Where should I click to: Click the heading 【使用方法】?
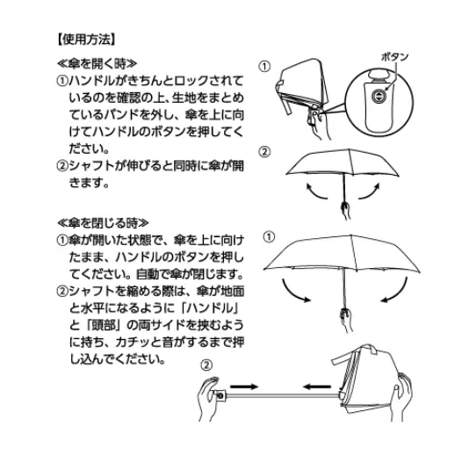86,40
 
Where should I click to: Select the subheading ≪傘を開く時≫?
97,63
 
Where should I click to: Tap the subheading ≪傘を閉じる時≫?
103,223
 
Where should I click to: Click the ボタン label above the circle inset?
395,57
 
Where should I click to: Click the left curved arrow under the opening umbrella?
316,192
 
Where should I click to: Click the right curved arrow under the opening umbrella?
369,191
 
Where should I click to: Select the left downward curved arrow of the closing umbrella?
295,291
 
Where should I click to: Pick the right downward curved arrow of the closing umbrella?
394,290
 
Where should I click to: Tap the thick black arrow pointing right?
244,387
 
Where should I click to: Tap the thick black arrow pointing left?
317,386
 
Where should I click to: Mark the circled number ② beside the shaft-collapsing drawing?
206,366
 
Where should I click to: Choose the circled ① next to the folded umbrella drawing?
264,66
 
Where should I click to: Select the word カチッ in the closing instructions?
133,343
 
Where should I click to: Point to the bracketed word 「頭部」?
104,325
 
